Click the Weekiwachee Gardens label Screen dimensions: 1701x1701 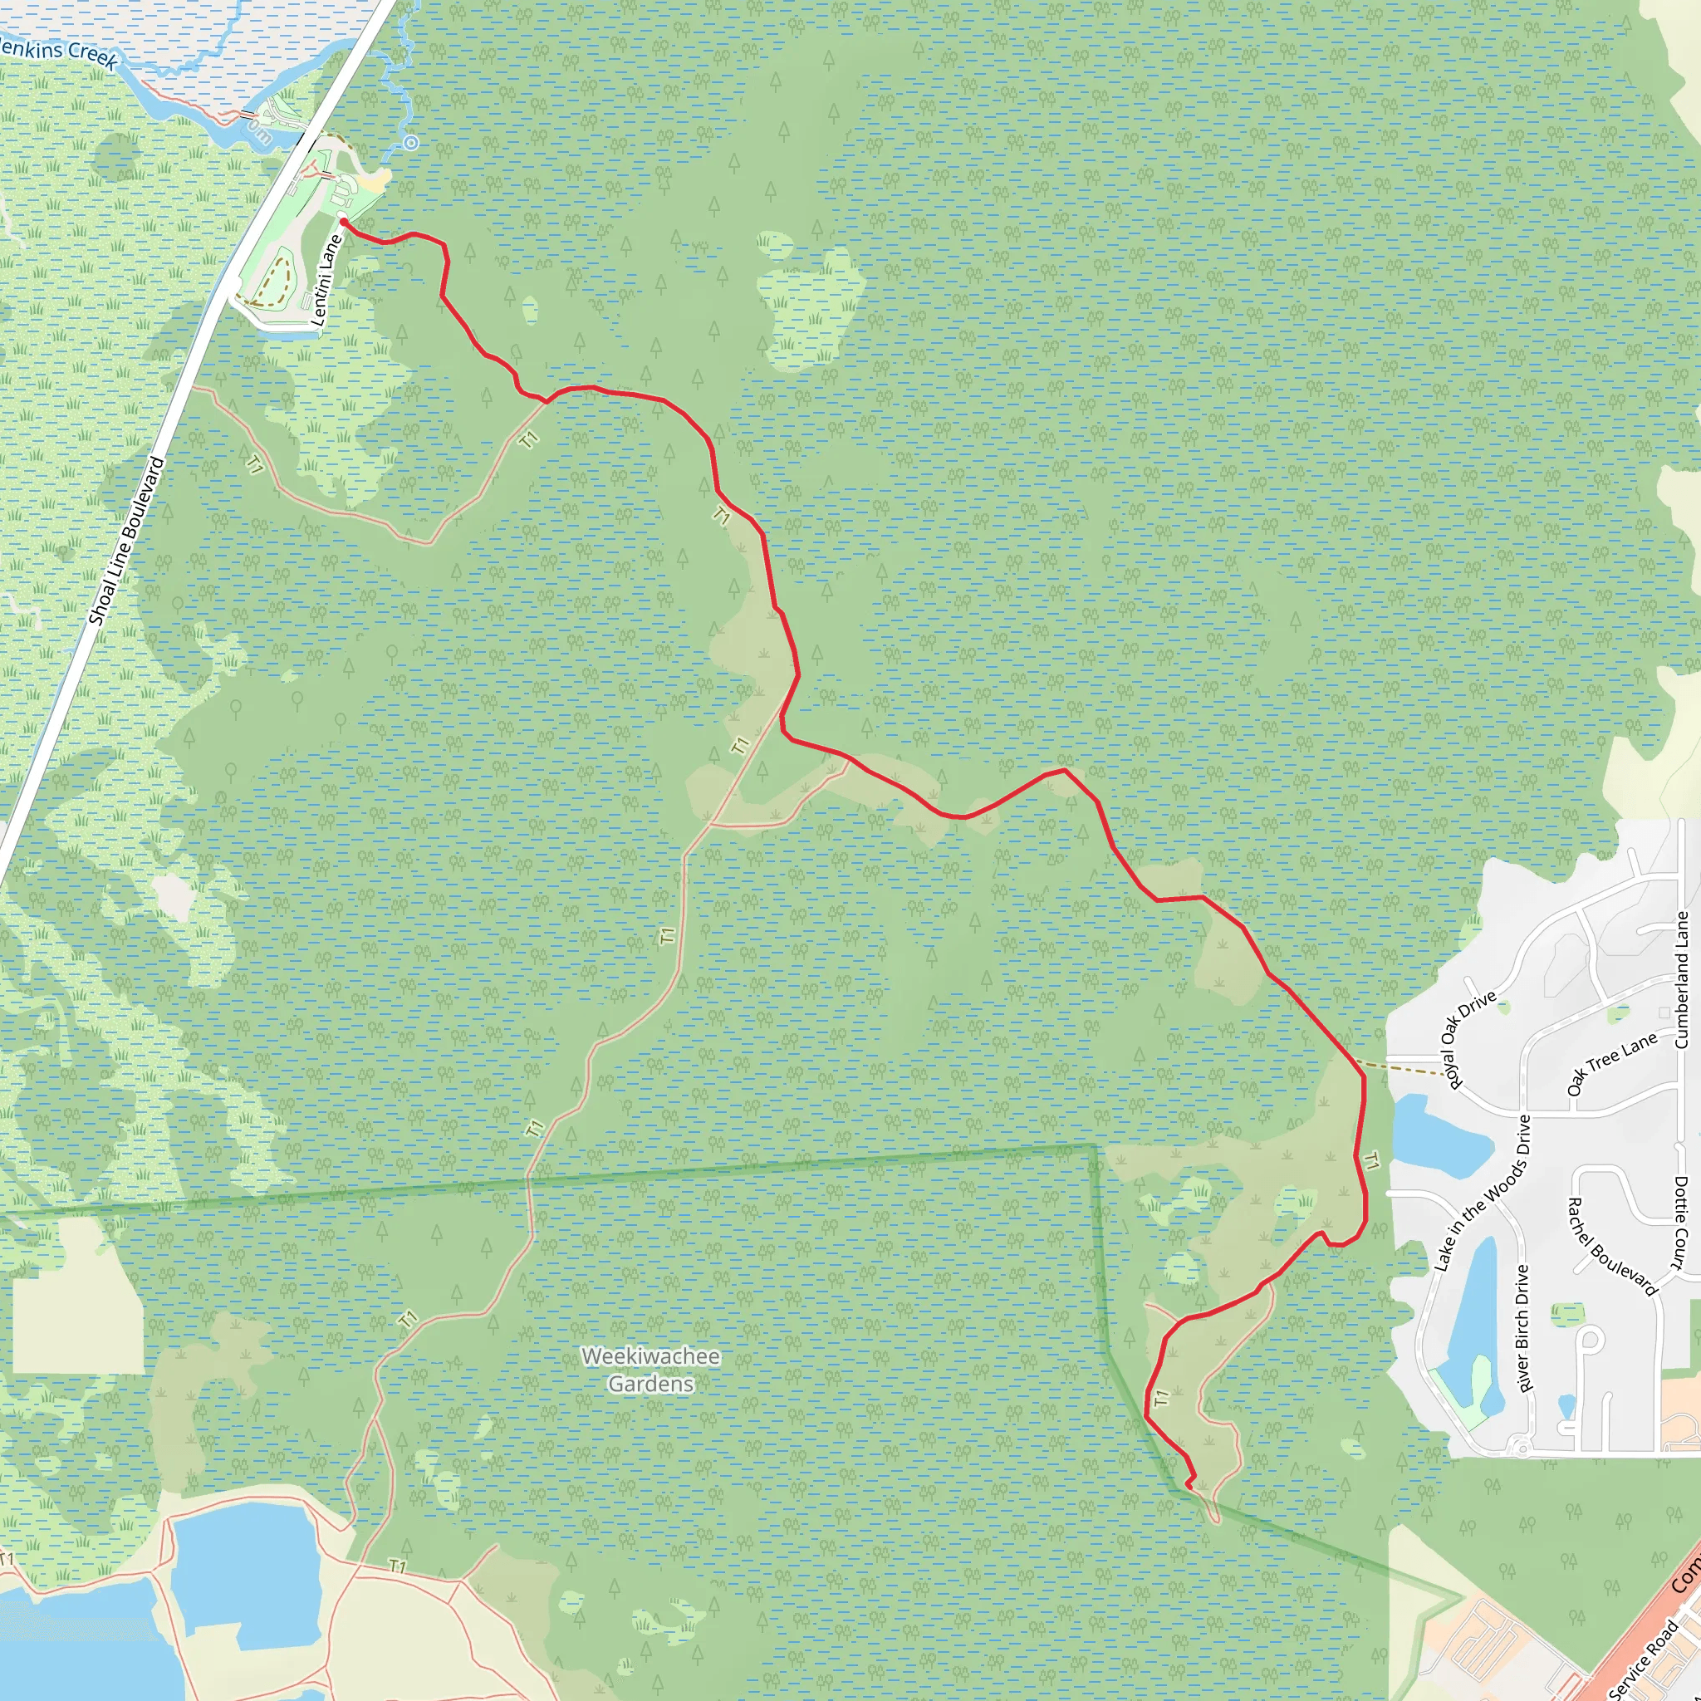point(650,1369)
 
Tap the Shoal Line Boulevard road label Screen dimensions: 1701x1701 point(127,541)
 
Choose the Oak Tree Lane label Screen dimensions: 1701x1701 point(1612,1064)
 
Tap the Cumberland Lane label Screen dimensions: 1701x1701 point(1682,980)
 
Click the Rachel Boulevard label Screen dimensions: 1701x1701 point(1612,1246)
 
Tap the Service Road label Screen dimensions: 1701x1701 point(1644,1659)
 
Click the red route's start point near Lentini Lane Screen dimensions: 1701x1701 point(342,223)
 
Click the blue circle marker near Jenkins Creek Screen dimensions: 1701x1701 point(411,143)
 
